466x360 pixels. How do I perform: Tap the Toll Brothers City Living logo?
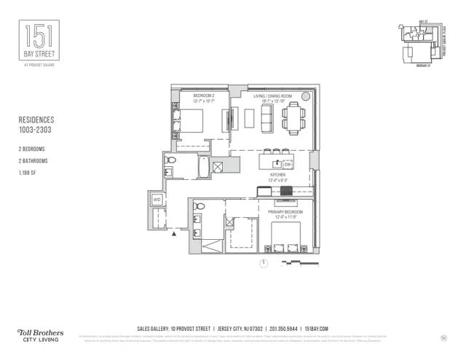pyautogui.click(x=40, y=335)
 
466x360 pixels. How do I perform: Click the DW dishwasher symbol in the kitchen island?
pyautogui.click(x=288, y=165)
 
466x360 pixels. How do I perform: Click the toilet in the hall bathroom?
pyautogui.click(x=170, y=160)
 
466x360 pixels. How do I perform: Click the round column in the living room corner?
pyautogui.click(x=305, y=96)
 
